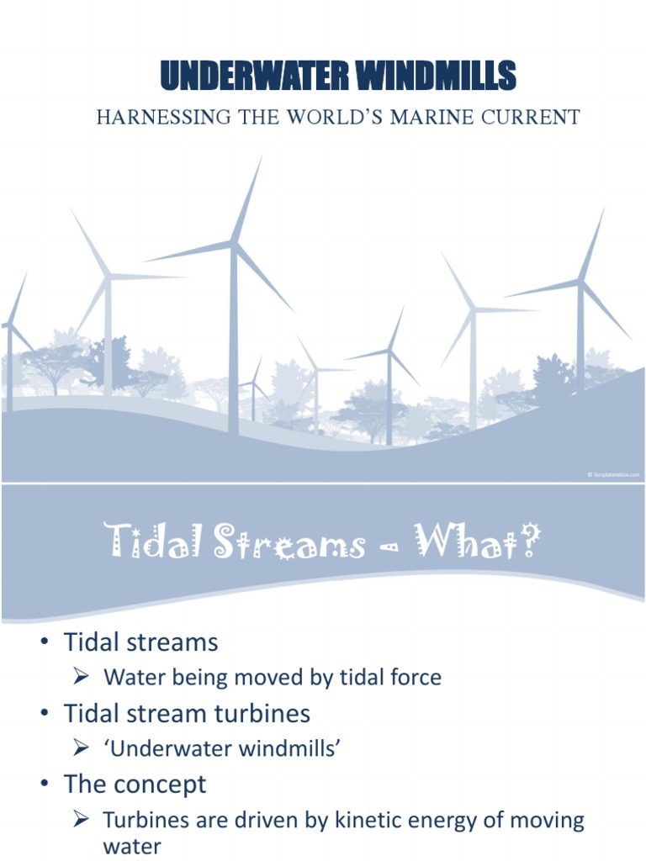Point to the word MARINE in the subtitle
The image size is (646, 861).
[434, 117]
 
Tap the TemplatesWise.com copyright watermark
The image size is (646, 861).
[613, 474]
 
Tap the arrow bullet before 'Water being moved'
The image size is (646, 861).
[82, 677]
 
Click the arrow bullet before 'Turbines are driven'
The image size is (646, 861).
[82, 819]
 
